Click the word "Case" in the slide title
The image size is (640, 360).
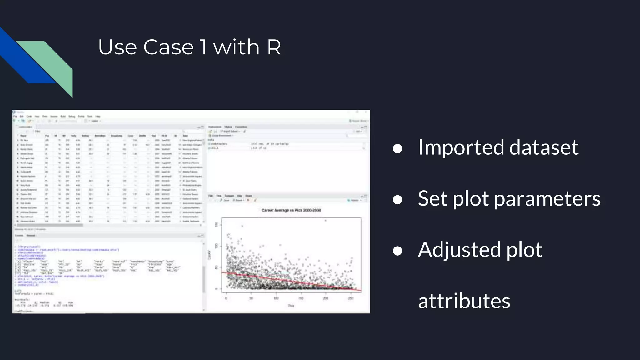click(168, 47)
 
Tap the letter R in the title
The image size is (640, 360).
click(274, 47)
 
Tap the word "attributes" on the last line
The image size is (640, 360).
click(464, 301)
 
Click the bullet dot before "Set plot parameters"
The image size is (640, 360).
click(397, 200)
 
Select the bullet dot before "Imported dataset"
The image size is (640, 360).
click(397, 149)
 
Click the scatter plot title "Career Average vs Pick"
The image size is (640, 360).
click(291, 210)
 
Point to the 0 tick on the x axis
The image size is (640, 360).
click(226, 298)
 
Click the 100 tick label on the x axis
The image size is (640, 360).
click(276, 298)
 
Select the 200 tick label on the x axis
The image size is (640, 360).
click(326, 298)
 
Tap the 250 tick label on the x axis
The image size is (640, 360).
click(351, 298)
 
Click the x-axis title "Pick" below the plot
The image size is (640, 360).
click(291, 306)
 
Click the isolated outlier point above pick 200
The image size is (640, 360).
click(325, 221)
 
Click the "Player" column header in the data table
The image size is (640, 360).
click(23, 136)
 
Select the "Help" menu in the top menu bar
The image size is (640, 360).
click(98, 116)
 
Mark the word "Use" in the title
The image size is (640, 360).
click(117, 47)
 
